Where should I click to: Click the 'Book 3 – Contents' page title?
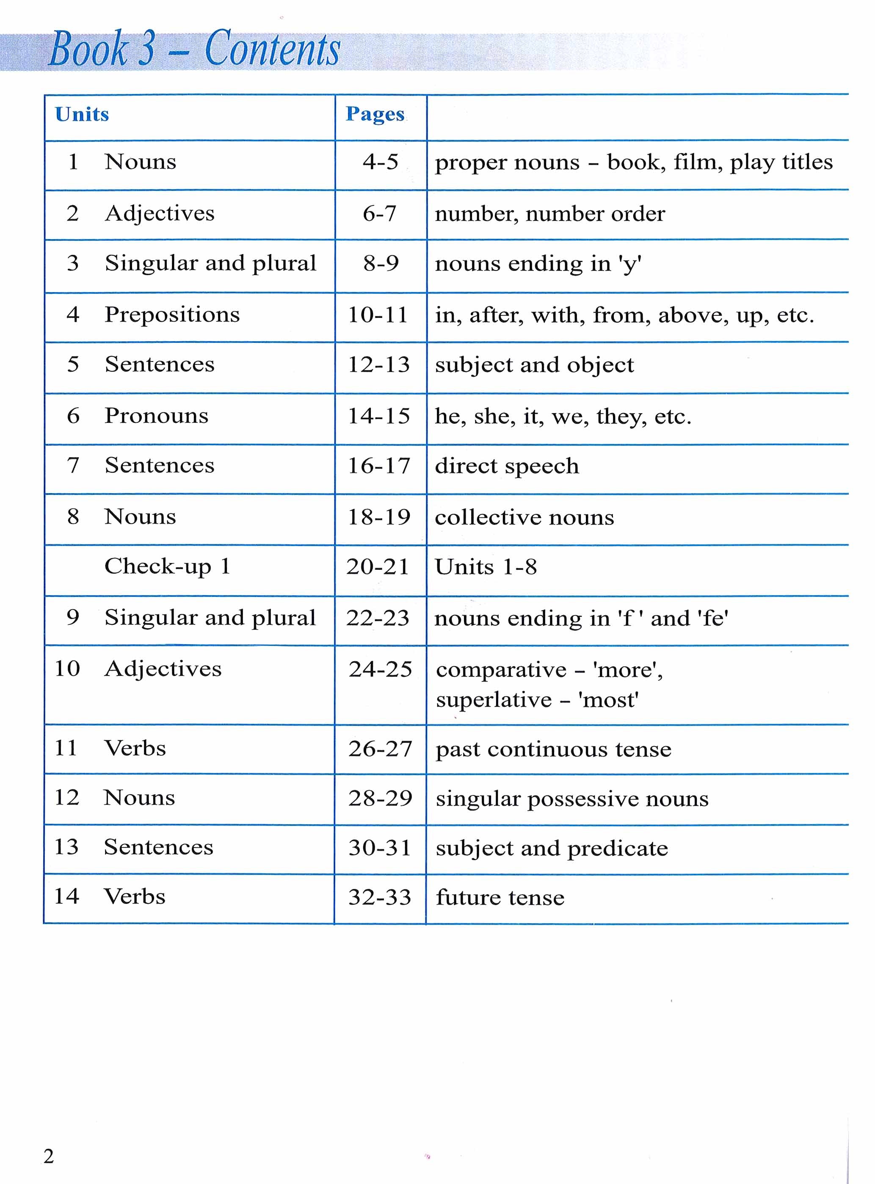click(194, 49)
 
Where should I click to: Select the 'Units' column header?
click(82, 114)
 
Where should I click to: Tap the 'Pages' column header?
click(375, 114)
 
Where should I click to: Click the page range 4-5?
click(380, 162)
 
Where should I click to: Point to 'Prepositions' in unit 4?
click(172, 315)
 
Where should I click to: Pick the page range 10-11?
click(378, 315)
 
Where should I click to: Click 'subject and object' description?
click(534, 365)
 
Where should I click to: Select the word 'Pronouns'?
click(156, 416)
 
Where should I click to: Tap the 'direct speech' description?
click(507, 466)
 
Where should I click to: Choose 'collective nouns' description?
click(524, 517)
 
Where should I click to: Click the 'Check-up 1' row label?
click(167, 566)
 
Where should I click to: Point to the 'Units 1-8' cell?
click(486, 567)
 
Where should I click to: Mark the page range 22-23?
click(378, 618)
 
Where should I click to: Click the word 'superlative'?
click(494, 700)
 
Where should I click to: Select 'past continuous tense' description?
click(554, 749)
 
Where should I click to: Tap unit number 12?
click(67, 798)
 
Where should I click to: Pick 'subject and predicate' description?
click(552, 848)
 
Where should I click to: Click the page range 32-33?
click(380, 897)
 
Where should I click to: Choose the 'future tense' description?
click(500, 897)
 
